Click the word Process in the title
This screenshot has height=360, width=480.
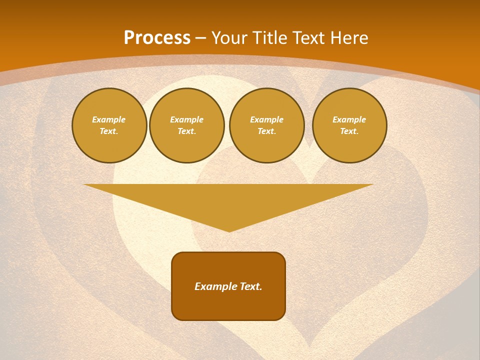[157, 38]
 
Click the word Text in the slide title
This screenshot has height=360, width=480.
[307, 38]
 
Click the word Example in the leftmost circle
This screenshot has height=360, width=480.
[109, 119]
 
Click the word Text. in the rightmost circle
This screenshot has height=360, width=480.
[349, 131]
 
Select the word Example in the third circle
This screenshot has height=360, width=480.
[266, 119]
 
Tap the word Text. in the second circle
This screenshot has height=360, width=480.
[186, 131]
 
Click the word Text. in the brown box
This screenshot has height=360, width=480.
[250, 286]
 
